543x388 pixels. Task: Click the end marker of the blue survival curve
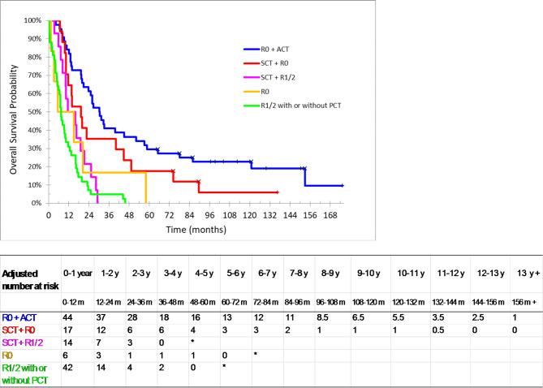(x=343, y=186)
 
